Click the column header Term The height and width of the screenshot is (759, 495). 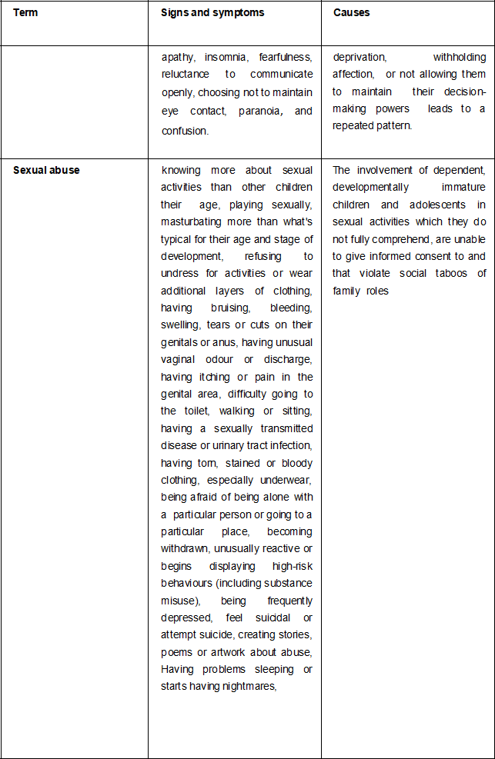click(x=25, y=13)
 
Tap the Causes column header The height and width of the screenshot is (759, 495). click(x=351, y=13)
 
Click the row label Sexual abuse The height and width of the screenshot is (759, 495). click(x=46, y=170)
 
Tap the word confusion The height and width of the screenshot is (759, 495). click(x=184, y=131)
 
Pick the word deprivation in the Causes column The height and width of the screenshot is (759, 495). click(x=360, y=57)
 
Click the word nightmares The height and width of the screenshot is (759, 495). click(x=248, y=686)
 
